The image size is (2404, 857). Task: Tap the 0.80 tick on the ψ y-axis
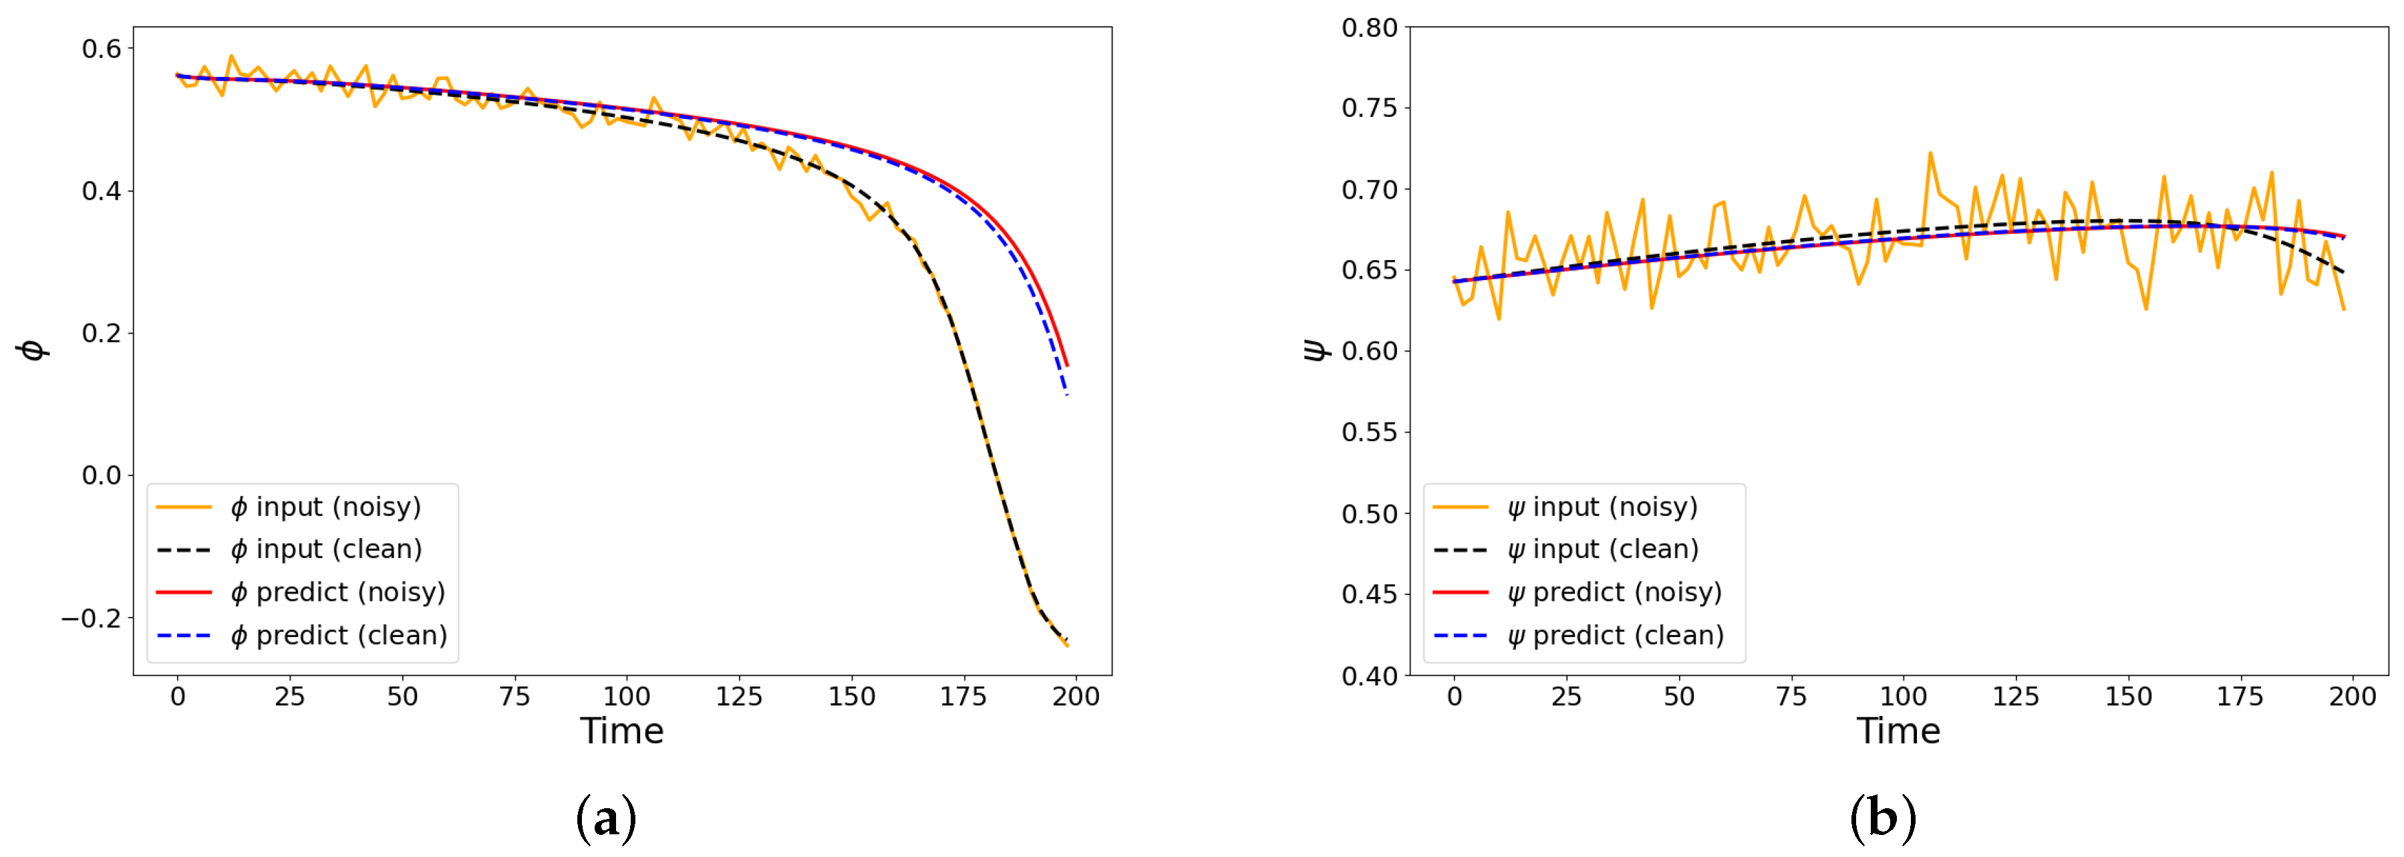1369,28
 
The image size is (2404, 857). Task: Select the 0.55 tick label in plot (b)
1369,433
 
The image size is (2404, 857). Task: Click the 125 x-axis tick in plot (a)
738,697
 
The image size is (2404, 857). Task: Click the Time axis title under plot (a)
621,731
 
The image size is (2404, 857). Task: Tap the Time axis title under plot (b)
1898,731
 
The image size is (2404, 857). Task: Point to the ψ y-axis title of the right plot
1314,350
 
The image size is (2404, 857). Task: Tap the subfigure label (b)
1882,819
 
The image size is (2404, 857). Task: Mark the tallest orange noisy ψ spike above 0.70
1930,153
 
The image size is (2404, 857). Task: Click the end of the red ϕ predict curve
1066,365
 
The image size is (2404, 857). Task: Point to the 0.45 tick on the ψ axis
1369,595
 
